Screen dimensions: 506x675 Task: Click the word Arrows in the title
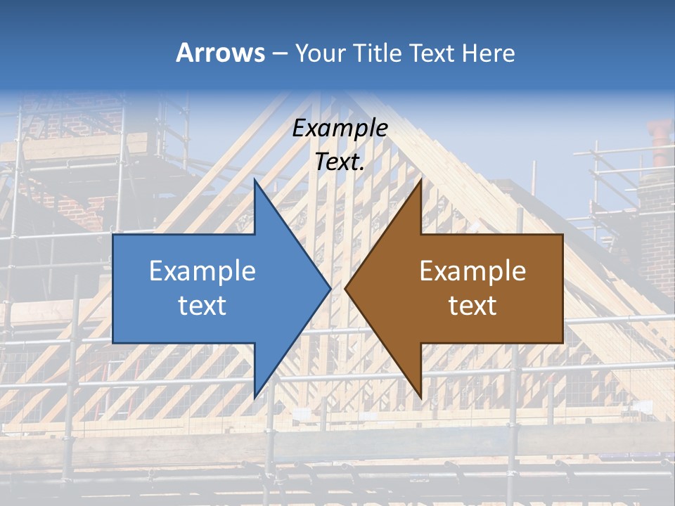(x=221, y=53)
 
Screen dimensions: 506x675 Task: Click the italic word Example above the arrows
(x=340, y=128)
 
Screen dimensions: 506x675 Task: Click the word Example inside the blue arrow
(x=202, y=271)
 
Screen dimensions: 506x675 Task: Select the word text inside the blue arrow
(x=202, y=306)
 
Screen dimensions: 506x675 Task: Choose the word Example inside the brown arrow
(x=472, y=271)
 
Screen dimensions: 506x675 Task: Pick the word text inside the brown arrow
(x=472, y=306)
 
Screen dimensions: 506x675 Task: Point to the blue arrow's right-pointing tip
(x=330, y=288)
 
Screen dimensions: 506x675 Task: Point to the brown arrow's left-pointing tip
(x=346, y=288)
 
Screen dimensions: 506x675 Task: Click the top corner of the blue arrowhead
(x=255, y=181)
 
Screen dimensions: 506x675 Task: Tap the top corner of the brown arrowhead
(x=420, y=181)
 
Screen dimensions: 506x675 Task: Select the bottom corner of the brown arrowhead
(x=420, y=397)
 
